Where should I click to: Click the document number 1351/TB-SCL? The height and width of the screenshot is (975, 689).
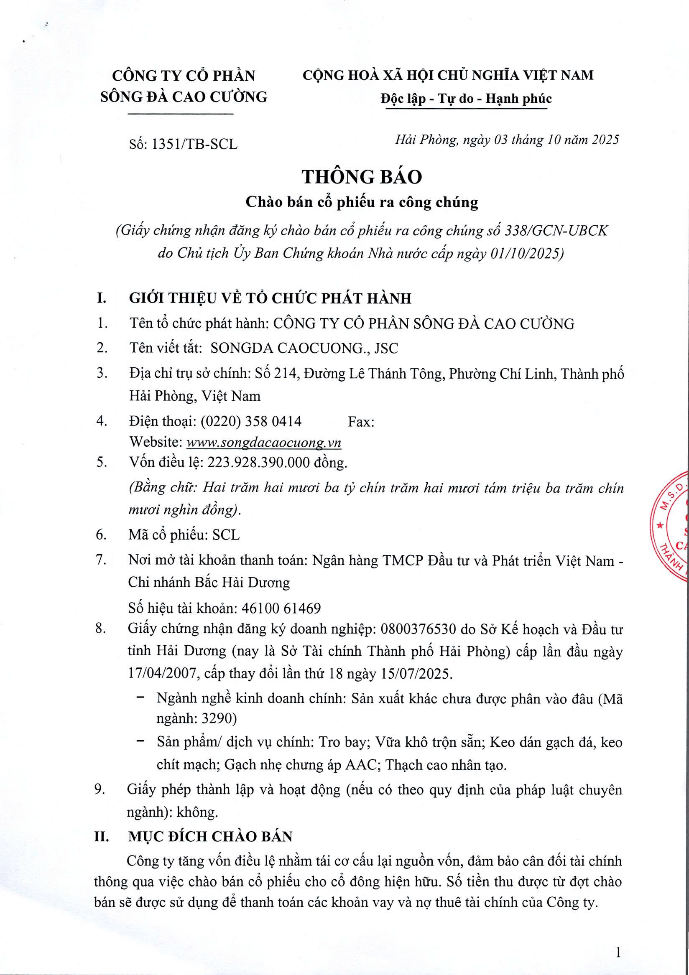point(194,145)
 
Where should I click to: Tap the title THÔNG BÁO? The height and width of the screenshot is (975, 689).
point(362,177)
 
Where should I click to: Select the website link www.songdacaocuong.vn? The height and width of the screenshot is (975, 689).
point(264,443)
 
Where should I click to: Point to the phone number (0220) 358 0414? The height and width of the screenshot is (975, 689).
point(251,421)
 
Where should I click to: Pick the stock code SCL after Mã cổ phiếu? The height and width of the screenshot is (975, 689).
point(226,535)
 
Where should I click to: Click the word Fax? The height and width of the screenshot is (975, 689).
point(361,422)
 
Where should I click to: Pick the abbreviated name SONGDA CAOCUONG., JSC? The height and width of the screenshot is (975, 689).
point(304,348)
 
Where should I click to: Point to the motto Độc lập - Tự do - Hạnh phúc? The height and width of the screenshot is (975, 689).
point(466,99)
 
